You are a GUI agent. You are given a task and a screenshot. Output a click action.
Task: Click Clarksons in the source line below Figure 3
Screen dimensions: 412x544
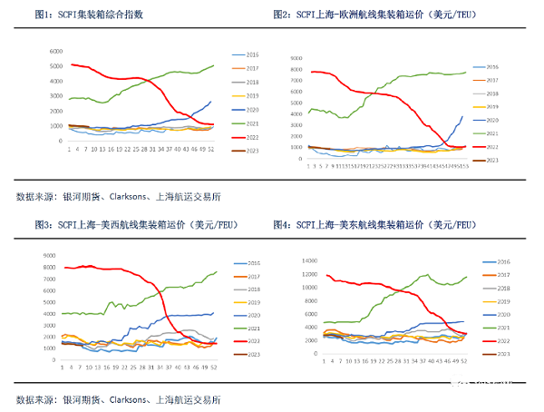pyautogui.click(x=133, y=399)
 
